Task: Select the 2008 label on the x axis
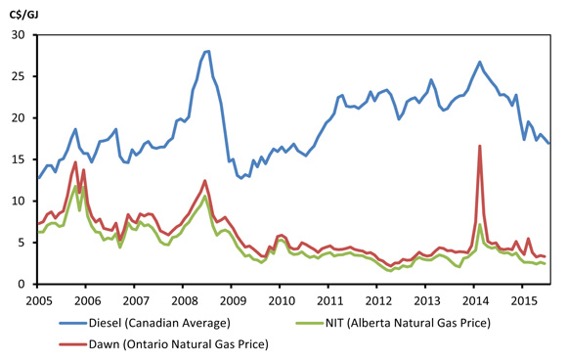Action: click(x=183, y=298)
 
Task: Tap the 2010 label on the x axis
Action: click(x=281, y=298)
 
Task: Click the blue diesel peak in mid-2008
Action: click(x=207, y=51)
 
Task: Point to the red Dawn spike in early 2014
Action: click(x=480, y=146)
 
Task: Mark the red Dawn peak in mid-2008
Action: click(x=204, y=180)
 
